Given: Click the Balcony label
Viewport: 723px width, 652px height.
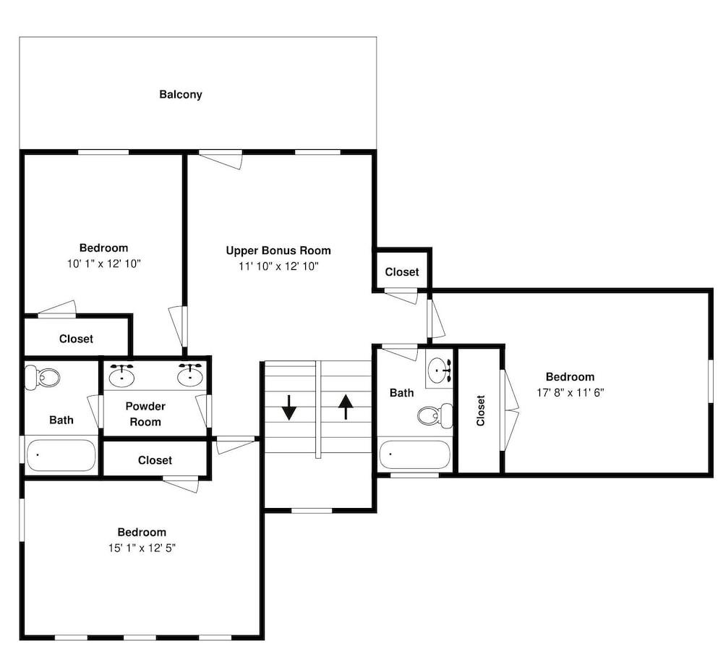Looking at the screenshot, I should tap(181, 94).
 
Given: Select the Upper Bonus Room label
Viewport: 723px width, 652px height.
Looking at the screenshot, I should tap(278, 250).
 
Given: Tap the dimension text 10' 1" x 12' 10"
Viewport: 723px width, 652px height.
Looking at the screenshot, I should tap(103, 264).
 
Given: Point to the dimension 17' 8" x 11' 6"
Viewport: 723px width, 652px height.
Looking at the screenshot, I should tap(570, 392).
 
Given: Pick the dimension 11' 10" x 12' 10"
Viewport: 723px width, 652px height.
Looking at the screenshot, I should tap(278, 266).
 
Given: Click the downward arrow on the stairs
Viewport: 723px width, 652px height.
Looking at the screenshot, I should tap(289, 407).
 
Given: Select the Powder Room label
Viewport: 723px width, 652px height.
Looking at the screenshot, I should tap(145, 414).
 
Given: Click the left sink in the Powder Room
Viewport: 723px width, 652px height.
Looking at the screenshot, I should tap(122, 375).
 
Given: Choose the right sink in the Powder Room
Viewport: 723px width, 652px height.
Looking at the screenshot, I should tap(191, 375).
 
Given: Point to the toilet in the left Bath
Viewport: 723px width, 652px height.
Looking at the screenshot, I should tap(43, 377).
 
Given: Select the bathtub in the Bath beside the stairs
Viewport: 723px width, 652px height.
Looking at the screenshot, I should tap(414, 454).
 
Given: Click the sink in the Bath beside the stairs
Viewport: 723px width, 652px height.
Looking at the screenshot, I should tap(439, 371).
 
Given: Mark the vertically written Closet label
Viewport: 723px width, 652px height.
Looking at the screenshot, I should tap(481, 410).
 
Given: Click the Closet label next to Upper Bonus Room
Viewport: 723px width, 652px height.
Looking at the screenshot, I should tap(401, 272).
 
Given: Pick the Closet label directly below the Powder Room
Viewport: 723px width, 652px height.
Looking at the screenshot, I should tap(155, 460).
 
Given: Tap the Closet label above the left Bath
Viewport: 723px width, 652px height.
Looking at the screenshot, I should tap(76, 339).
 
